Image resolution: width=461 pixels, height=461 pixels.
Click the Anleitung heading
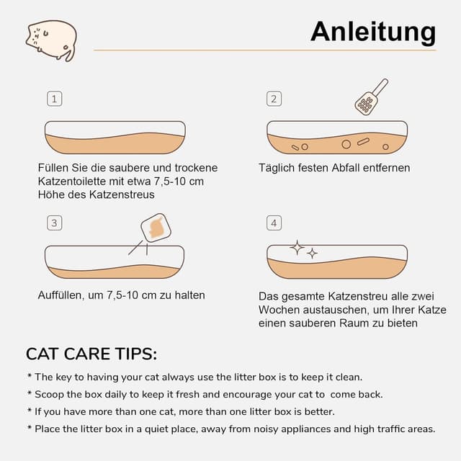pos(372,32)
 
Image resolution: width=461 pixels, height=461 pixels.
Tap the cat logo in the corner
pos(51,40)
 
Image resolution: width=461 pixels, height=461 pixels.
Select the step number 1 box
pos(54,99)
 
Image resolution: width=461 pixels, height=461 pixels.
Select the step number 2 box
pos(273,99)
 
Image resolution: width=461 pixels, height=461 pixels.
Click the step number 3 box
pos(54,223)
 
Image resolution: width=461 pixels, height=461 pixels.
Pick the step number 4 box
pos(273,223)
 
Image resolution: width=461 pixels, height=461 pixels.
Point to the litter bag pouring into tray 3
pos(155,228)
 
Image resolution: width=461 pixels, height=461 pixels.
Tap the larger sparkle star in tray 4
pos(297,248)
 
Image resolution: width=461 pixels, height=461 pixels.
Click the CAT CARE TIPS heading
pos(91,354)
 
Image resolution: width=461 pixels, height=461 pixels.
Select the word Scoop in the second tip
pos(50,394)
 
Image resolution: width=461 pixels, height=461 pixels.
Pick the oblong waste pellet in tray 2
pos(363,142)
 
